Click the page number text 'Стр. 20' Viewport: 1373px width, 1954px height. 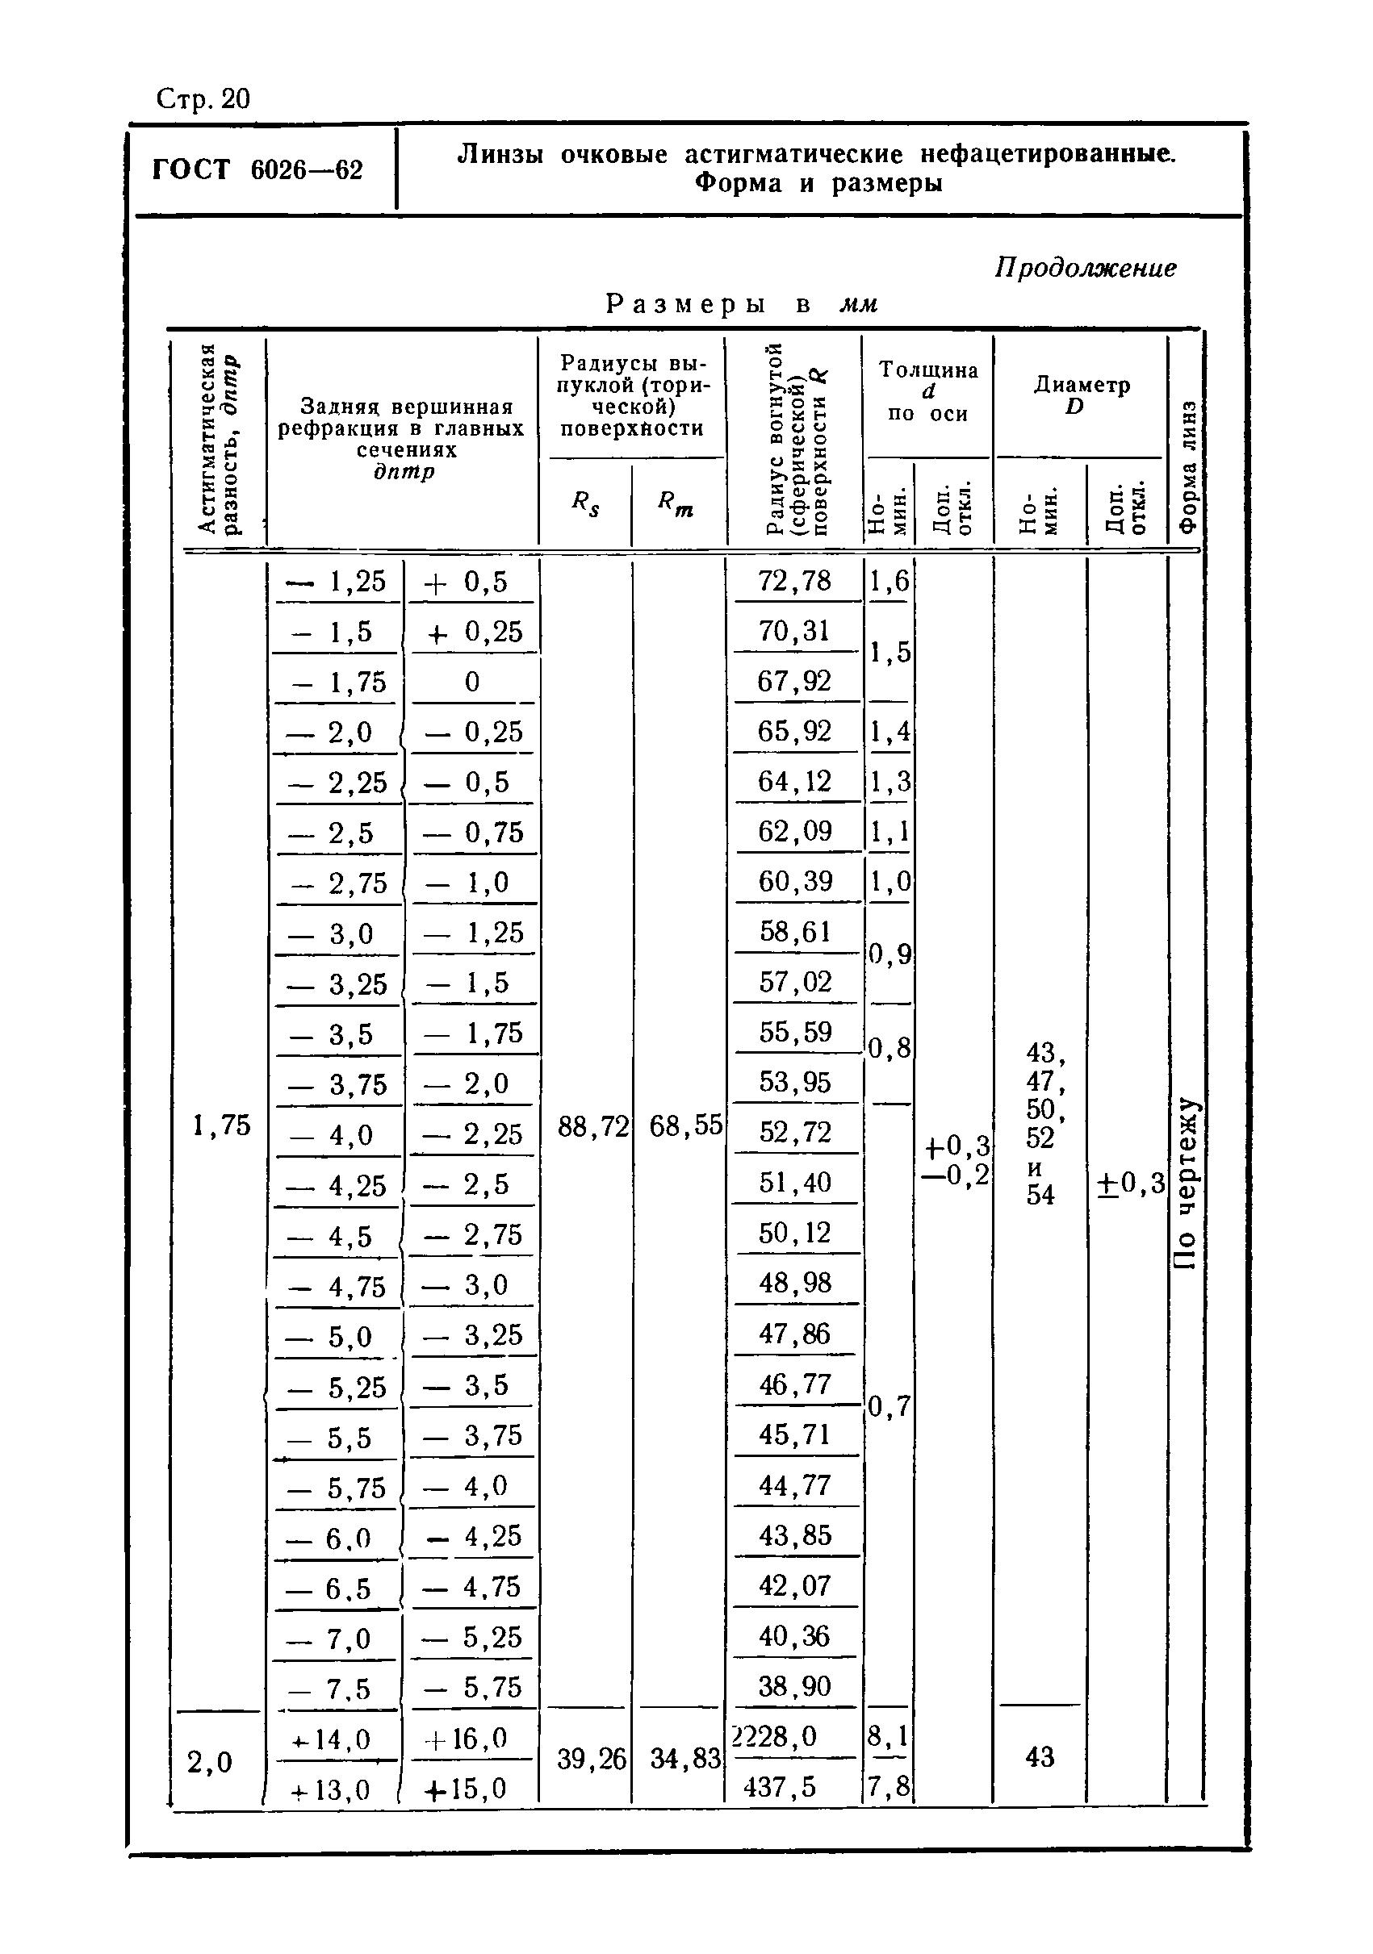click(203, 99)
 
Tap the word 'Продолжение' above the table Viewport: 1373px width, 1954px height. click(1086, 268)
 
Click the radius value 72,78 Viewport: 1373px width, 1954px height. click(794, 580)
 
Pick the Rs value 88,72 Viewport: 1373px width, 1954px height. click(592, 1128)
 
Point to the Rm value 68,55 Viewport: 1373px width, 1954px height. click(685, 1128)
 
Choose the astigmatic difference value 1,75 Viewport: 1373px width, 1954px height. click(221, 1126)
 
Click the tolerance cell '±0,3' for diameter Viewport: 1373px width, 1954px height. click(1129, 1183)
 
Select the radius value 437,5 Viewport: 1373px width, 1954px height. click(780, 1786)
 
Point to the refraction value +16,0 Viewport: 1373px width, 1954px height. click(470, 1738)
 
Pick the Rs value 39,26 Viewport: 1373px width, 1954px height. click(592, 1759)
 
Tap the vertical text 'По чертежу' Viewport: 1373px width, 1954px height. click(1186, 1183)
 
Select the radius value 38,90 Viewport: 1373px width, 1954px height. click(794, 1686)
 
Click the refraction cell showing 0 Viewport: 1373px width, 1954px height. click(472, 682)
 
